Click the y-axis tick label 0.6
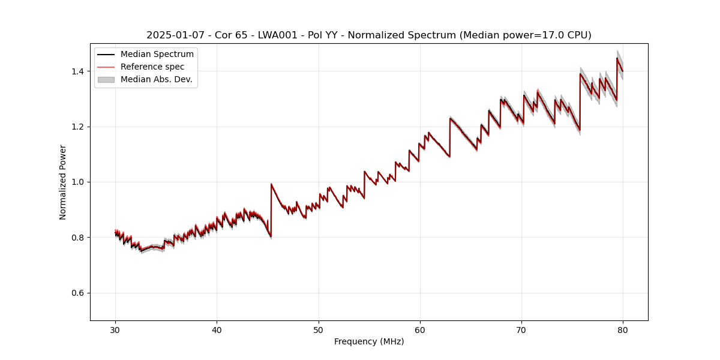pos(78,293)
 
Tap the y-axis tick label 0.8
pos(78,238)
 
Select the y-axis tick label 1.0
pos(78,182)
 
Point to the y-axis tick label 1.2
pos(78,127)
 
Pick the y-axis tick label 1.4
pos(78,71)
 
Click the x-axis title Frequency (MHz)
pos(369,341)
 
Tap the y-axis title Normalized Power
pos(63,182)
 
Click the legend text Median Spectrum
pos(157,55)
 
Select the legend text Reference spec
pos(152,67)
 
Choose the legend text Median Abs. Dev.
pos(157,79)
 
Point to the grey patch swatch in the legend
pos(106,79)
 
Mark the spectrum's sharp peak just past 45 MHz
pos(271,184)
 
